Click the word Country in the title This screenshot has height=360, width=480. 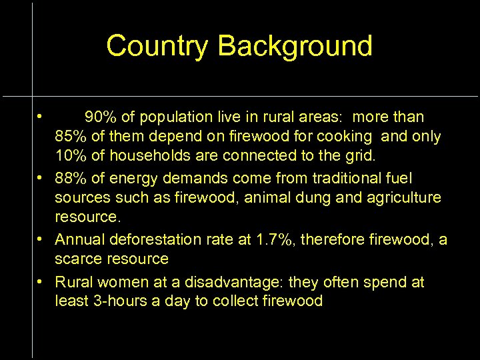[x=158, y=46]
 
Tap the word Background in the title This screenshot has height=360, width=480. [x=295, y=46]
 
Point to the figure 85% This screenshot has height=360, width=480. [x=70, y=137]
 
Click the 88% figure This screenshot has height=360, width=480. [x=70, y=178]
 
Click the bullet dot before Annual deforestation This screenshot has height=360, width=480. [x=41, y=239]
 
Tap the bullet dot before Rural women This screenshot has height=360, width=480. [x=41, y=281]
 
